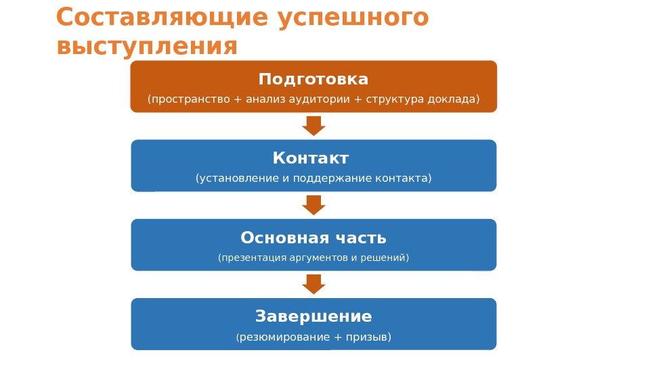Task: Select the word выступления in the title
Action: (148, 47)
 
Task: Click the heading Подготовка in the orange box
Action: (313, 79)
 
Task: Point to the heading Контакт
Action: (311, 158)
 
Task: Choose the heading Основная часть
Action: (313, 238)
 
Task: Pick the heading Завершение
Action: (313, 316)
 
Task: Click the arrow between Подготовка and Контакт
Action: (313, 125)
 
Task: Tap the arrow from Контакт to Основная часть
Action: (313, 205)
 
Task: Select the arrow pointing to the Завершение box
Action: (313, 284)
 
